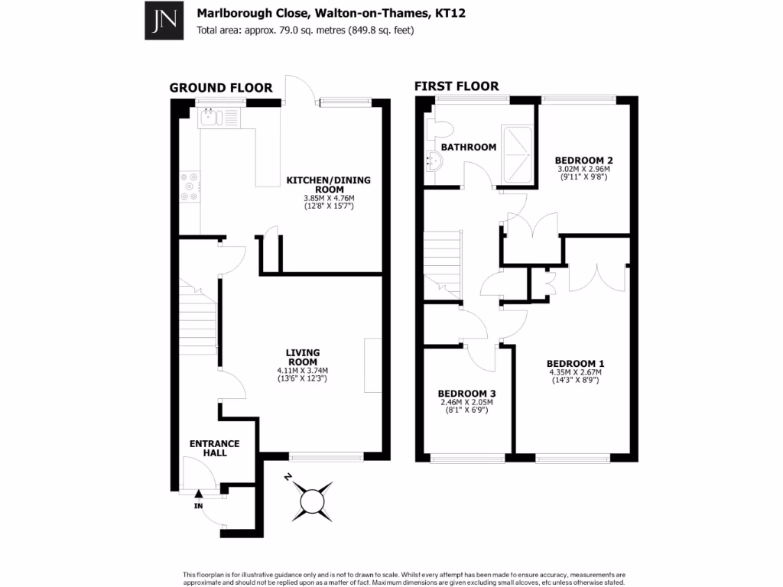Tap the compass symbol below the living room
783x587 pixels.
click(313, 501)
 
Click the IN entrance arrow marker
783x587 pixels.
click(197, 495)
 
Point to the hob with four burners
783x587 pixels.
click(190, 186)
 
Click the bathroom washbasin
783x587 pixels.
click(434, 160)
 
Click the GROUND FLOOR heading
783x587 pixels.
click(210, 88)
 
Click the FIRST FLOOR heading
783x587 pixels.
click(456, 86)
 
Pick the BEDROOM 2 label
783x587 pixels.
click(584, 160)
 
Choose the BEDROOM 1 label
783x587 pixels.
click(575, 363)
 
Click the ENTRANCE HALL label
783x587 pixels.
click(215, 448)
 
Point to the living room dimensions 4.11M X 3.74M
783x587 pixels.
click(302, 371)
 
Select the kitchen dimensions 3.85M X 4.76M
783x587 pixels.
click(328, 199)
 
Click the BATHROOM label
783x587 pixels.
click(469, 147)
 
